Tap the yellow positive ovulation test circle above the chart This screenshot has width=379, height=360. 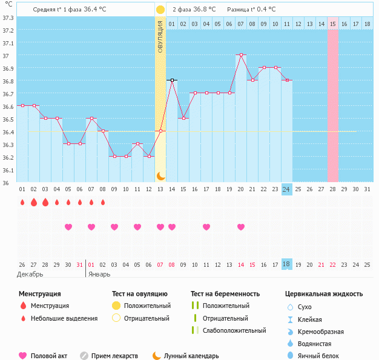click(160, 10)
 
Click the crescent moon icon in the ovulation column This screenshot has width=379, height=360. click(160, 175)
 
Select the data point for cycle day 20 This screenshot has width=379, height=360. click(241, 54)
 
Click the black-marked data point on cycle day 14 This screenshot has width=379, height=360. click(172, 80)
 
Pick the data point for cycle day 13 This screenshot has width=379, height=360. click(160, 131)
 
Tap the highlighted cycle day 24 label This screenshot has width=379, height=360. click(286, 189)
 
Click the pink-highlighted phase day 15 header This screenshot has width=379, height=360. click(332, 24)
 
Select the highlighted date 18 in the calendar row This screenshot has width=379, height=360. click(286, 264)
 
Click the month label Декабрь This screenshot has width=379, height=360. click(30, 274)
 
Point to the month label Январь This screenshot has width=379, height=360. click(99, 274)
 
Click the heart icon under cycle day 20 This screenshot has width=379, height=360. click(241, 227)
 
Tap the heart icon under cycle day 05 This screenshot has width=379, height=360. click(68, 227)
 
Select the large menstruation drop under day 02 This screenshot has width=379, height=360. click(34, 202)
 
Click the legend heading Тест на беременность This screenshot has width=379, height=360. click(225, 294)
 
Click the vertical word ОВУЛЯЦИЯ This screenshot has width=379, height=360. click(160, 36)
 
